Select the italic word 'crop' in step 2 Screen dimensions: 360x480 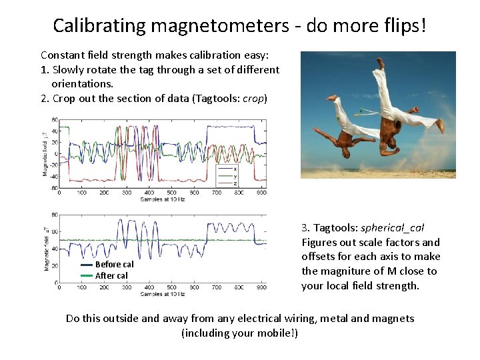[253, 99]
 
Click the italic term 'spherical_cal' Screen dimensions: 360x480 [392, 228]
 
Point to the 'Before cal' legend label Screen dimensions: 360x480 [114, 265]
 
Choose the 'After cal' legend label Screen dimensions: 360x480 [111, 275]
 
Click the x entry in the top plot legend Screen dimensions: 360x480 [234, 169]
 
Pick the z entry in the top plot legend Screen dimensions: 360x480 [234, 183]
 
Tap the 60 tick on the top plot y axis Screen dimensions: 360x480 [55, 120]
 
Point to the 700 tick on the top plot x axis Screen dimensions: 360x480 [217, 193]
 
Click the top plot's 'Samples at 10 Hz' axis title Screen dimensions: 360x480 [162, 199]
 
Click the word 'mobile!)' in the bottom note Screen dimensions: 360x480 [275, 333]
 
